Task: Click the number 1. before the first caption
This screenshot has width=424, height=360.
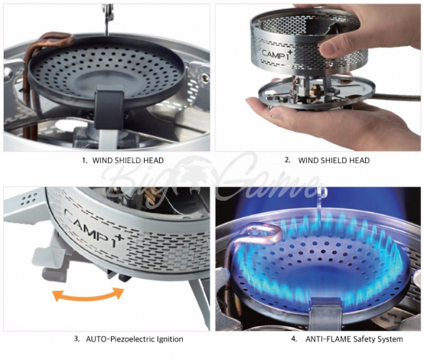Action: [x=85, y=160]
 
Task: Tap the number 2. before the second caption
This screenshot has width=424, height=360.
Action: [x=288, y=160]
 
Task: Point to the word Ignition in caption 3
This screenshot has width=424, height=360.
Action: [x=171, y=339]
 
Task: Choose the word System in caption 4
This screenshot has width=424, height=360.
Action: [x=389, y=339]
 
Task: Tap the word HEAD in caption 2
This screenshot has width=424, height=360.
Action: [x=359, y=160]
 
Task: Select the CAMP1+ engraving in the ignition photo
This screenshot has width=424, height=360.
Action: [x=94, y=227]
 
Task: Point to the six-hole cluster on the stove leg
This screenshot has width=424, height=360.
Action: [x=29, y=199]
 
